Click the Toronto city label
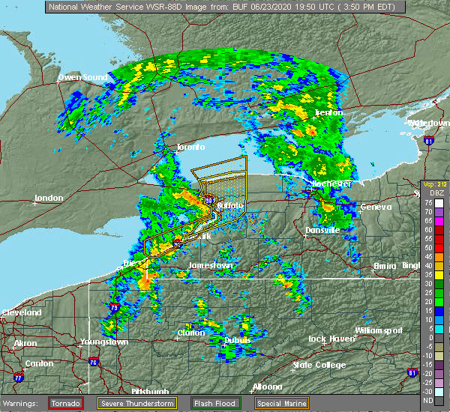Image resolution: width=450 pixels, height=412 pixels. click(x=190, y=148)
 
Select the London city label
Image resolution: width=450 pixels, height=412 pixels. click(x=49, y=199)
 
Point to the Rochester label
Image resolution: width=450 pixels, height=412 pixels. click(x=332, y=184)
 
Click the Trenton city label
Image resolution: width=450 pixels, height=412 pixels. click(x=328, y=112)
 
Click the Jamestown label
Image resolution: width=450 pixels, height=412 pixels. click(x=207, y=266)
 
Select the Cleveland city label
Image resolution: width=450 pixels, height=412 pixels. click(x=21, y=312)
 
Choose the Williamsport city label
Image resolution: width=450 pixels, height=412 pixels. click(x=379, y=330)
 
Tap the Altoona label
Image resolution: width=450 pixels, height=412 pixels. click(x=267, y=387)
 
